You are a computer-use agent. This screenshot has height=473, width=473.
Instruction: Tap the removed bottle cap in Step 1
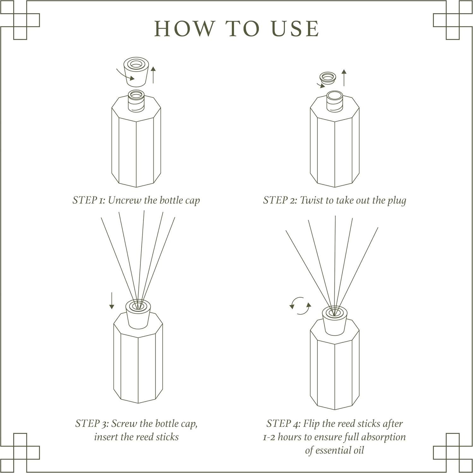136,72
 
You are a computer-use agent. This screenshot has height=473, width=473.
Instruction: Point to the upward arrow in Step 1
153,75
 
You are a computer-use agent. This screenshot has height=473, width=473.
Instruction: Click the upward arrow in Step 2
344,78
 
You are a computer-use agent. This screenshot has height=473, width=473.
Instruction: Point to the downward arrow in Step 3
111,301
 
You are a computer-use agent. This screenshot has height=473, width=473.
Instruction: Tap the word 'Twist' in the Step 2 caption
310,201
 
